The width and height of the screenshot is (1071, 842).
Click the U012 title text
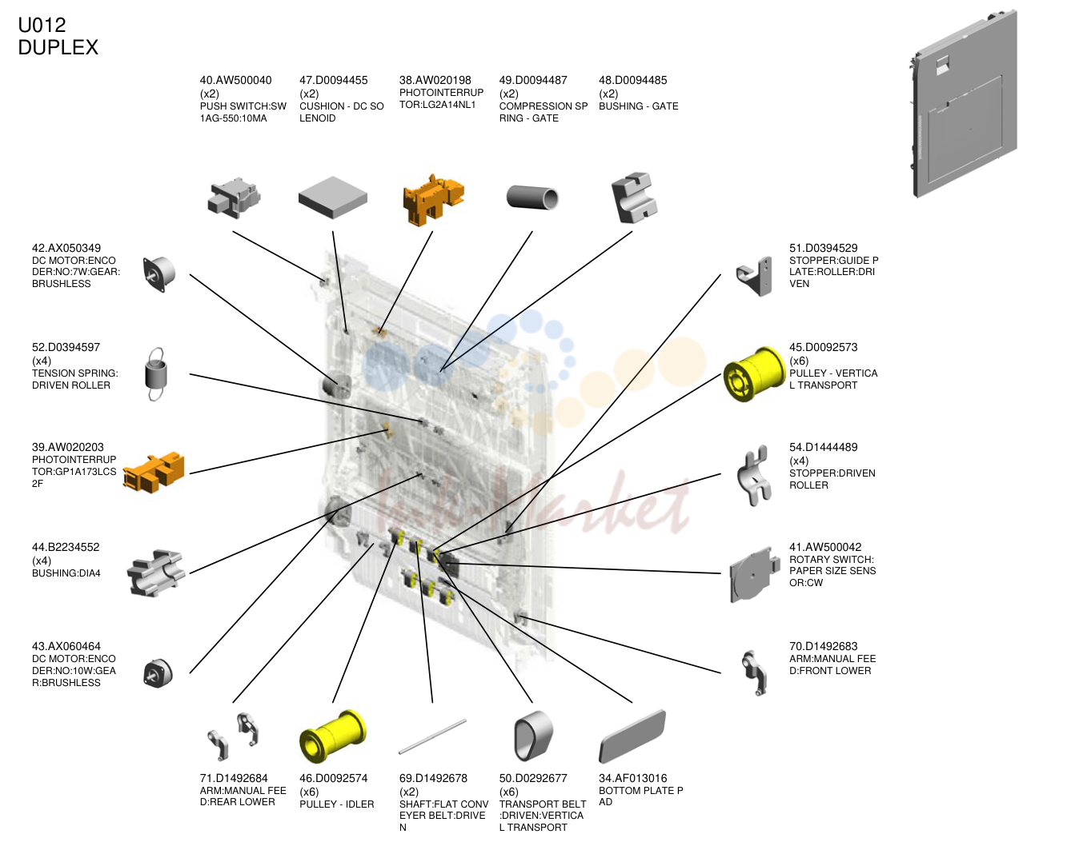(x=42, y=25)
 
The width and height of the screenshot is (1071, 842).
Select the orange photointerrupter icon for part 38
(x=433, y=199)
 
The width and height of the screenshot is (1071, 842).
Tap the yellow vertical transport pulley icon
(x=754, y=374)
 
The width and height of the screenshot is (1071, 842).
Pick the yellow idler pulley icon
(x=332, y=736)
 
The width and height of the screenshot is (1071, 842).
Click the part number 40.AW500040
(x=236, y=80)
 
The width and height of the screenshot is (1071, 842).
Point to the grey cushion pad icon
(x=332, y=198)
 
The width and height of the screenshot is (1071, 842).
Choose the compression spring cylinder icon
(x=532, y=198)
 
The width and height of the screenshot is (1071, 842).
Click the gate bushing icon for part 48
(x=633, y=198)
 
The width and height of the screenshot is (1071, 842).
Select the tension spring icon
(x=156, y=374)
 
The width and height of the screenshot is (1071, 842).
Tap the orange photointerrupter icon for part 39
(x=154, y=473)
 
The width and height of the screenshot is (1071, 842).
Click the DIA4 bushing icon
(x=156, y=573)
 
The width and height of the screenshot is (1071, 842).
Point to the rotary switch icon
(x=754, y=574)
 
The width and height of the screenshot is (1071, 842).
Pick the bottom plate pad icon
(x=632, y=736)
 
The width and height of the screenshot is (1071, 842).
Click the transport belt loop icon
(x=532, y=736)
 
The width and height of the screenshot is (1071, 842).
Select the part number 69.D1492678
(x=433, y=778)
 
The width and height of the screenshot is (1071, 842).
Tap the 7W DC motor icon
(x=158, y=274)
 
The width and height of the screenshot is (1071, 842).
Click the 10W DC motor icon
(x=158, y=673)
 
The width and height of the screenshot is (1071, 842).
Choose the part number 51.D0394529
(x=823, y=248)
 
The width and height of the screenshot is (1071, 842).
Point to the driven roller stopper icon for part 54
(x=754, y=476)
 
